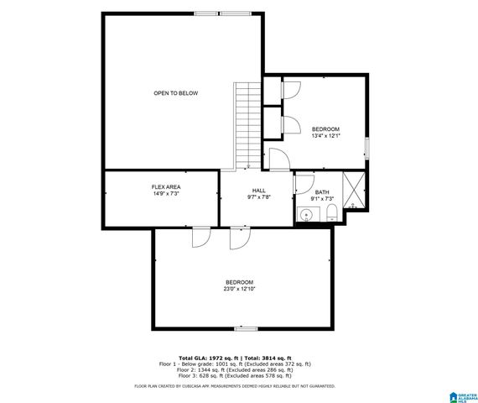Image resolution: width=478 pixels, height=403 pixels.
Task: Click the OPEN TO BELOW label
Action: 175,93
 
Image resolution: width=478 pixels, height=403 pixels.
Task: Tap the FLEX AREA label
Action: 166,186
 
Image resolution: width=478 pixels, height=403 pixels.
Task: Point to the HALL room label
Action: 258,191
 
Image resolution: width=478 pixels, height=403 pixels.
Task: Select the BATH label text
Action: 322,192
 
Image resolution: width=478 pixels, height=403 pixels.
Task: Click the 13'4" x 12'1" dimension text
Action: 325,136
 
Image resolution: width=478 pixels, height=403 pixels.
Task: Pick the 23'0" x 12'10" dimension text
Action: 239,289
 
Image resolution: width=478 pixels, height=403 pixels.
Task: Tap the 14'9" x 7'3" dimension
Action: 166,194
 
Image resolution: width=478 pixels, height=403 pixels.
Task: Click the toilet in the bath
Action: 333,212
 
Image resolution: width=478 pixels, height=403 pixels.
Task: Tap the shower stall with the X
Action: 355,190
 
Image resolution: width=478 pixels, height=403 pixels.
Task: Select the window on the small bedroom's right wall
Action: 366,148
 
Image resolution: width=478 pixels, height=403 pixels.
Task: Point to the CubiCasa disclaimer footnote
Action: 235,386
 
